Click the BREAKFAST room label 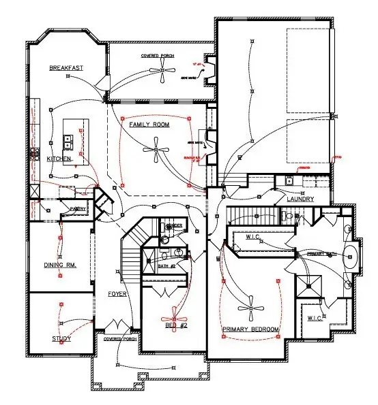pos(66,69)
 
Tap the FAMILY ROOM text pos(149,125)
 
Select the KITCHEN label pos(59,159)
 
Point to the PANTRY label pos(77,210)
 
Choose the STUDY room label pos(61,338)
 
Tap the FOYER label pos(117,294)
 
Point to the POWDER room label pos(174,226)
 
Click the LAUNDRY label pos(300,199)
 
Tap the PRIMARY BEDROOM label pos(251,329)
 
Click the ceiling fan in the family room pos(156,150)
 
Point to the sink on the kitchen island pos(68,141)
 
